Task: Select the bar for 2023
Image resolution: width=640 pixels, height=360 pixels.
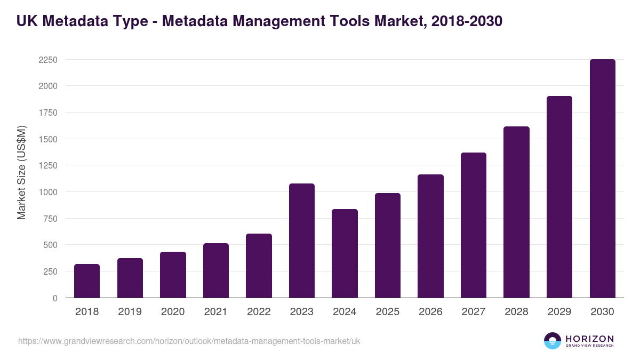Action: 302,241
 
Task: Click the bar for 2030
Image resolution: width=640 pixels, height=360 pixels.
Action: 602,179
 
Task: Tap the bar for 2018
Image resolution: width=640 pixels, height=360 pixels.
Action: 87,281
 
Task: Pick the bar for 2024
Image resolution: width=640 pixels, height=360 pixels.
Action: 345,253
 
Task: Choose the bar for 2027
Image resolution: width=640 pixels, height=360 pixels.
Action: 474,225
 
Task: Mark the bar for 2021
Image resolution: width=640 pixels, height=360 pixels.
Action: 216,270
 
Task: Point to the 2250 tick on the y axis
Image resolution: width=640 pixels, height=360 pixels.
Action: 48,60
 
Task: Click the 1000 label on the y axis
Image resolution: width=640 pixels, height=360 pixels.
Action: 48,192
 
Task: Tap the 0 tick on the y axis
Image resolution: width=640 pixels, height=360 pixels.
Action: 55,298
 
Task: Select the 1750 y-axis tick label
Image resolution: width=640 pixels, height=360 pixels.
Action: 48,113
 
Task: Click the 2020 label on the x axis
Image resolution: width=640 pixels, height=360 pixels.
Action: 173,312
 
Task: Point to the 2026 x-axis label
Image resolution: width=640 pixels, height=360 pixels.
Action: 430,312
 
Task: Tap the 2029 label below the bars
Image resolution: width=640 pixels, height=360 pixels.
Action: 559,312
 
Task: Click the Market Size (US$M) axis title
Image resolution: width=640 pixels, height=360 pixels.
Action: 22,172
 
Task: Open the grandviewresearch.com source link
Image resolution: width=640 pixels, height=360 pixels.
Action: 189,341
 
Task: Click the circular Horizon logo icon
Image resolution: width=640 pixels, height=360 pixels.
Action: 553,341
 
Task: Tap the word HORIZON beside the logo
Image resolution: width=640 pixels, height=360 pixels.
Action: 590,338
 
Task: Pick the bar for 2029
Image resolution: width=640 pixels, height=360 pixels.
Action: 559,197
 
